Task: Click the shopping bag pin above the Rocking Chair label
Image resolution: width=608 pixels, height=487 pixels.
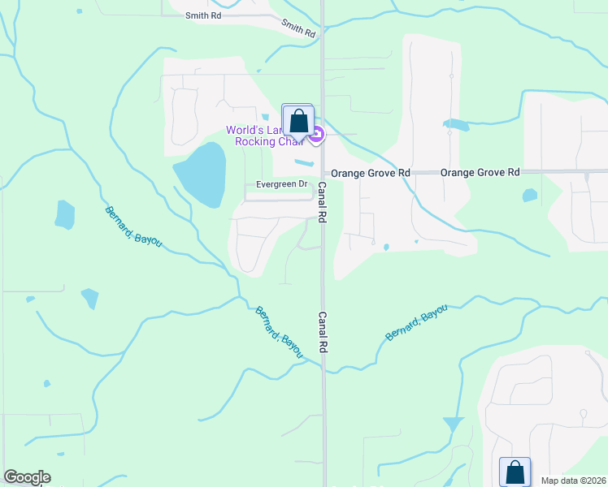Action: [x=298, y=121]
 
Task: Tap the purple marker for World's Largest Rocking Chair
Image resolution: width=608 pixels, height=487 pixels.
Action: [x=317, y=135]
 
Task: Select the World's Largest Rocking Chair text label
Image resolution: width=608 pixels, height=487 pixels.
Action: [x=263, y=136]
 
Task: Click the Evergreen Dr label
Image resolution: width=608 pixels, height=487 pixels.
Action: [x=281, y=184]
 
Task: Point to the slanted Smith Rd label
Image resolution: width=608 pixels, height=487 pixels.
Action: [x=298, y=28]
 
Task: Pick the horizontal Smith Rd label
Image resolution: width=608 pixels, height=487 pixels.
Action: [x=202, y=15]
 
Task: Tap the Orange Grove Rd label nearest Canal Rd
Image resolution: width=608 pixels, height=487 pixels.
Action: [x=370, y=173]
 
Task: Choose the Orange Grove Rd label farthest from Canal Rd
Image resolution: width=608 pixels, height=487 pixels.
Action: [x=480, y=173]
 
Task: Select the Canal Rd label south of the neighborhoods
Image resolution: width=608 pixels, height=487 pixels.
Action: [x=322, y=332]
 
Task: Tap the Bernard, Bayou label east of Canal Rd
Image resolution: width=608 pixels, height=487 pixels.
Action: [x=416, y=323]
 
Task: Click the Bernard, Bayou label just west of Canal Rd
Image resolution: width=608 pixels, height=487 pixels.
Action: [x=279, y=332]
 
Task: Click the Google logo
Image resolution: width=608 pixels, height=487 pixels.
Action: [x=27, y=477]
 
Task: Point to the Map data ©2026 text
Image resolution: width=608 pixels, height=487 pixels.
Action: [x=573, y=481]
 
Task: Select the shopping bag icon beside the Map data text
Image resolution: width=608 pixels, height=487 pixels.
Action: [x=515, y=472]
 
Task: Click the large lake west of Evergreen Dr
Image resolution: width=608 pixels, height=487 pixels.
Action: [x=200, y=175]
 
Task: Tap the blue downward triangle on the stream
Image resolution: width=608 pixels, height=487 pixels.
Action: [x=453, y=425]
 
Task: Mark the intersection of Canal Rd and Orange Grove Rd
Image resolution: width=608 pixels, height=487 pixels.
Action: [x=323, y=173]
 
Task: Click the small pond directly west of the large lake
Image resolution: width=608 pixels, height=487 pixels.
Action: [x=65, y=214]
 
